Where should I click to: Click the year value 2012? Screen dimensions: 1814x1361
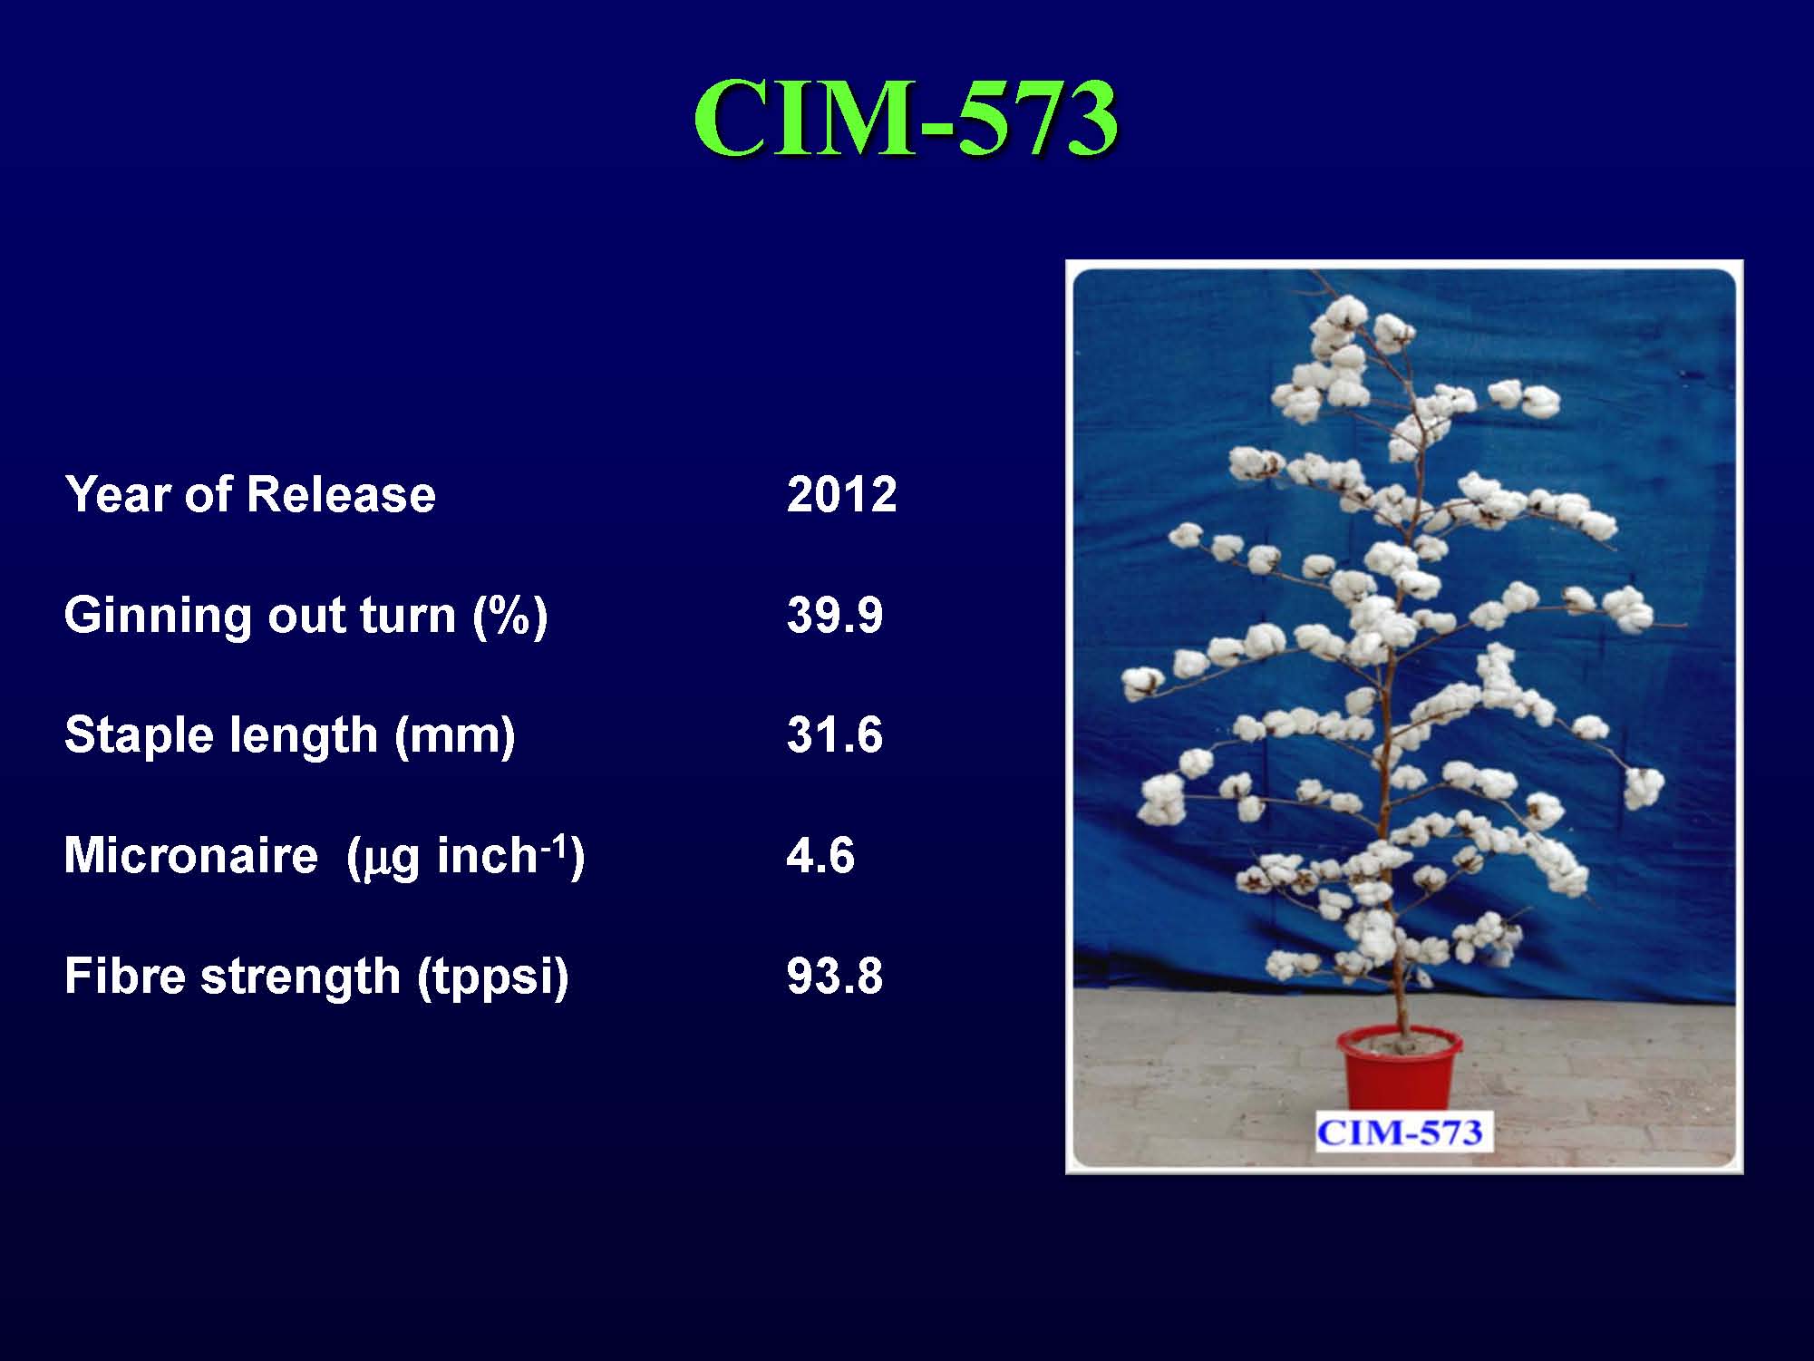pos(841,495)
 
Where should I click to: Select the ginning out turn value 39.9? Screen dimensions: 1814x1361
pos(834,615)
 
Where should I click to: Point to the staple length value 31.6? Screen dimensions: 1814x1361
pos(834,734)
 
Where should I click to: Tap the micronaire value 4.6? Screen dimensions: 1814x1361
pos(820,855)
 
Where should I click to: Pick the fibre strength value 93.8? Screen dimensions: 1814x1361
pos(834,976)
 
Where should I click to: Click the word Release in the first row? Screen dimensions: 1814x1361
pos(340,495)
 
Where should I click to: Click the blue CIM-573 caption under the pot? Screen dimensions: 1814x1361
pos(1400,1133)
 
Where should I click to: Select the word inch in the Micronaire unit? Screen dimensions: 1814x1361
pos(487,855)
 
